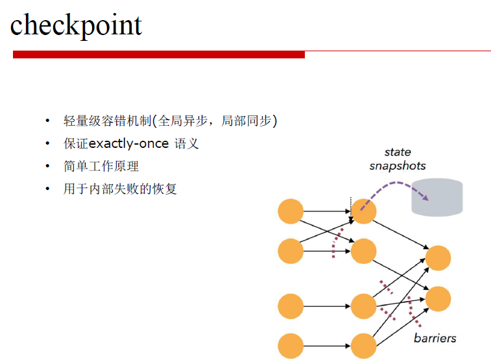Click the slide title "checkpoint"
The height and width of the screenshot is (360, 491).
pyautogui.click(x=76, y=26)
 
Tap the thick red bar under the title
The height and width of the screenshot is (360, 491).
pyautogui.click(x=159, y=54)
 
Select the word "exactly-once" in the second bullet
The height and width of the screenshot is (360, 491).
pyautogui.click(x=128, y=144)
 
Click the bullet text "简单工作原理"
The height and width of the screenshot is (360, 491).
pyautogui.click(x=101, y=166)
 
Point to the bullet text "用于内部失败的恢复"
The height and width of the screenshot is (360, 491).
pyautogui.click(x=120, y=189)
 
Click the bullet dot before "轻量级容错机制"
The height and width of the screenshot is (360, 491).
pyautogui.click(x=47, y=121)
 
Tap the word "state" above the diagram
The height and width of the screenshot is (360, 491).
pyautogui.click(x=398, y=152)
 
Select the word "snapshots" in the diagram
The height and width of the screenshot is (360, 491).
pyautogui.click(x=398, y=166)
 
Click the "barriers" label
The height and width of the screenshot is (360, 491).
pyautogui.click(x=435, y=338)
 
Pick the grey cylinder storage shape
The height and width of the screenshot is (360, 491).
pyautogui.click(x=437, y=197)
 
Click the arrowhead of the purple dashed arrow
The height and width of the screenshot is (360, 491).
pyautogui.click(x=425, y=197)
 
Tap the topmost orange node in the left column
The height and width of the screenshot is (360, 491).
pyautogui.click(x=291, y=211)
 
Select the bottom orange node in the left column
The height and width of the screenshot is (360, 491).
pyautogui.click(x=291, y=346)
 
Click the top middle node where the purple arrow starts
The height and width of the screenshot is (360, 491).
pyautogui.click(x=364, y=211)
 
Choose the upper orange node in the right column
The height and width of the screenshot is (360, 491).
pyautogui.click(x=438, y=258)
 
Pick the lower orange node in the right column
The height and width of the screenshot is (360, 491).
pyautogui.click(x=438, y=298)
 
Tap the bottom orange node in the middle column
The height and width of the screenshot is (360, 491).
pyautogui.click(x=364, y=346)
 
